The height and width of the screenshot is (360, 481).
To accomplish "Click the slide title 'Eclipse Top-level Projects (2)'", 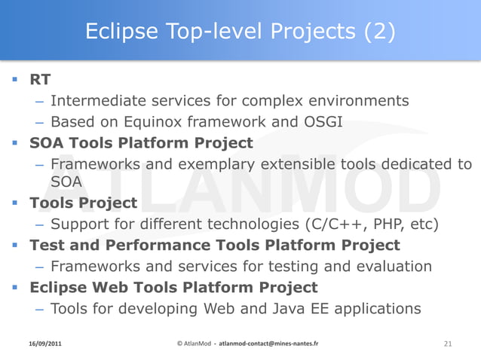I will coord(240,32).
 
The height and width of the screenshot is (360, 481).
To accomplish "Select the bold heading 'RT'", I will coord(40,79).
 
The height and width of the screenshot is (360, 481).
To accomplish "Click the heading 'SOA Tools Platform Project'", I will coord(141,142).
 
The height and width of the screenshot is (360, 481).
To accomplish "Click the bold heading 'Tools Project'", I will coord(83,203).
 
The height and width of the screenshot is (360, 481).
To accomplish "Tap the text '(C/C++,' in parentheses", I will coord(343,224).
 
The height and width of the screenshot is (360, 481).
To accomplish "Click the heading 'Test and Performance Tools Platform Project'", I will coord(214,245).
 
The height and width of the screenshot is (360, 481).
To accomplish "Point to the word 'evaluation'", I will coord(394,266).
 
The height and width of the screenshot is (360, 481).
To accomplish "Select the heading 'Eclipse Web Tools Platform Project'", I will coord(173,287).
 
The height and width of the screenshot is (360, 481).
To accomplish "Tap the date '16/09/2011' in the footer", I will coord(41,343).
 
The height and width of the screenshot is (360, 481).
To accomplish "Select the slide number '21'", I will coord(448,343).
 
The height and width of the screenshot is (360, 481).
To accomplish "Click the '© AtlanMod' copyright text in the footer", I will coord(193,343).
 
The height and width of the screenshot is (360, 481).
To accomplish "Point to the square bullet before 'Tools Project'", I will coord(17,203).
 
